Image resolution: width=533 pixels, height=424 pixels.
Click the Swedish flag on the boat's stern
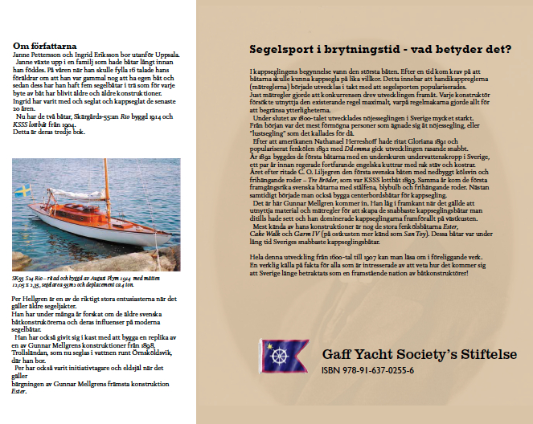coord(26,191)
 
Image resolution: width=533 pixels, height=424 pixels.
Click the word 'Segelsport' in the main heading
coord(282,51)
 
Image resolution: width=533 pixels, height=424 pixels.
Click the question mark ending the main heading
coord(509,51)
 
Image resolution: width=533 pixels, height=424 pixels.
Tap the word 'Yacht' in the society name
coord(371,355)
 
